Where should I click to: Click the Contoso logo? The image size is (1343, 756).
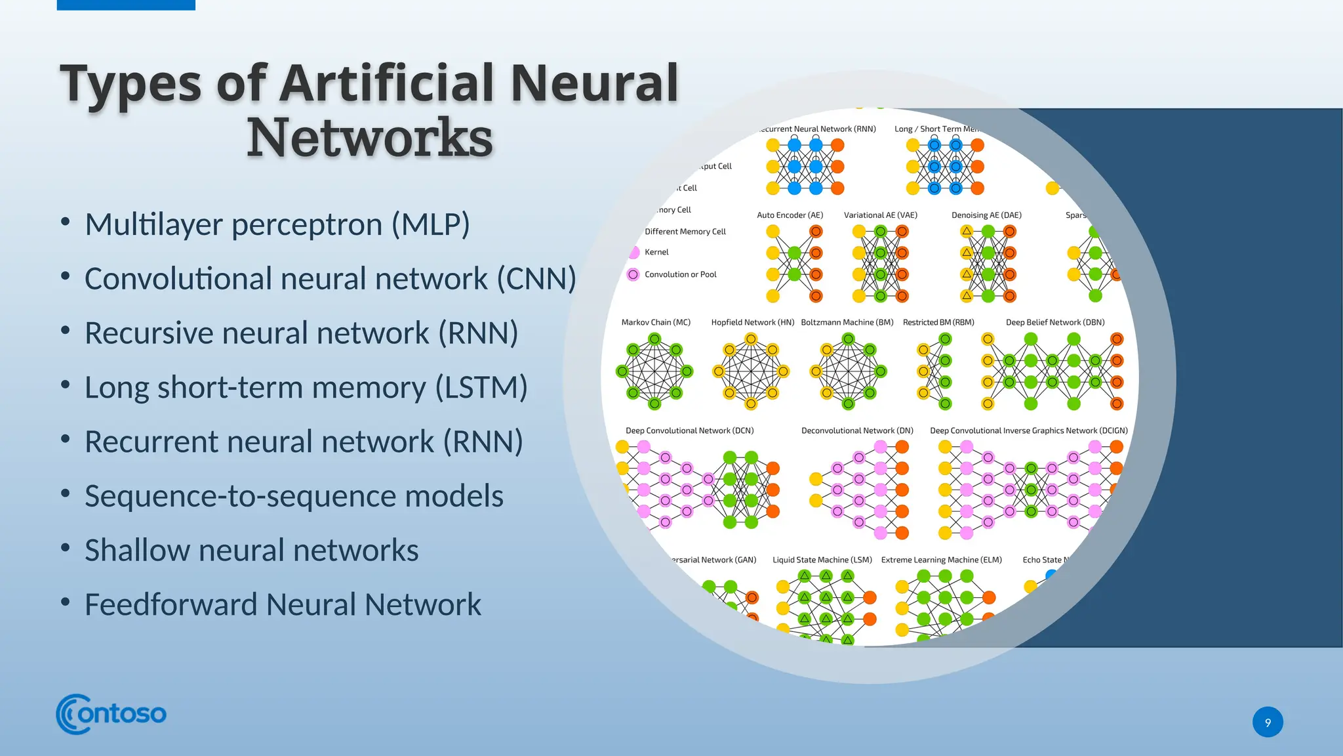(x=111, y=714)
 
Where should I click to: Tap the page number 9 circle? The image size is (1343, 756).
(x=1267, y=722)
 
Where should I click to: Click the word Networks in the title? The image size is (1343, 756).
(x=369, y=138)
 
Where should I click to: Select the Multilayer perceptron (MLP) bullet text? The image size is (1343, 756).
(x=277, y=224)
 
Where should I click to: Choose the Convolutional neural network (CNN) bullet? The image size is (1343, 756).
(x=330, y=279)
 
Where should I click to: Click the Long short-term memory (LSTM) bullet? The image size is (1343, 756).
(x=306, y=387)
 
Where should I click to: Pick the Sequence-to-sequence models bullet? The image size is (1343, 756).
(x=294, y=496)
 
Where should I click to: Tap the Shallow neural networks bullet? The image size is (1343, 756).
(x=251, y=551)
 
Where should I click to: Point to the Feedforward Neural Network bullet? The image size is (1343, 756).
(x=283, y=604)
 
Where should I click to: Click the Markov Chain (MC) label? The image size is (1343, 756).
(x=656, y=322)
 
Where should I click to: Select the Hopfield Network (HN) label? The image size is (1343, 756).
(x=752, y=322)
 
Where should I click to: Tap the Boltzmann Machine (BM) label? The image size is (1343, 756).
(x=847, y=322)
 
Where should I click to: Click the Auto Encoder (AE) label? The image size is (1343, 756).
(x=790, y=215)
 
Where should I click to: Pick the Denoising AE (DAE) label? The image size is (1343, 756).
(x=986, y=215)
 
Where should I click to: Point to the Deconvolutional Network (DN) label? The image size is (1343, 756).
(x=857, y=430)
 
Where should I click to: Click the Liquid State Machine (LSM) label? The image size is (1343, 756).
(x=822, y=560)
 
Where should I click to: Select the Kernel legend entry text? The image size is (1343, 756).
(x=656, y=252)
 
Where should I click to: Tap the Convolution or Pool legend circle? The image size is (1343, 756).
(x=633, y=274)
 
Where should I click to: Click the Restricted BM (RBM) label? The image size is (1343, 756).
(x=938, y=322)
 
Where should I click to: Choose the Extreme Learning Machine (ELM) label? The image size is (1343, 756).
(x=941, y=560)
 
